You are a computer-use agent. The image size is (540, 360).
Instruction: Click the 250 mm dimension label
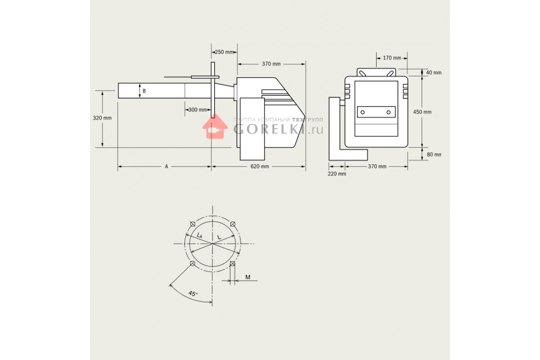click(x=224, y=52)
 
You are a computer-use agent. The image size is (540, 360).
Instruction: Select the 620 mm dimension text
click(x=260, y=166)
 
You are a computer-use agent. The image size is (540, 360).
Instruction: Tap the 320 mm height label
click(x=102, y=118)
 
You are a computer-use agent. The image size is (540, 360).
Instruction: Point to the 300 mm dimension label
click(x=198, y=110)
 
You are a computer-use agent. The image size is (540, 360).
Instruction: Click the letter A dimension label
click(x=166, y=166)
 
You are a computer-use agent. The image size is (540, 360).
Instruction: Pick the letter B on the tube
click(x=144, y=91)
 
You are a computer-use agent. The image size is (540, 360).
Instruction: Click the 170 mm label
click(x=392, y=58)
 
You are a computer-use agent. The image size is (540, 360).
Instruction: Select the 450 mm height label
click(x=423, y=112)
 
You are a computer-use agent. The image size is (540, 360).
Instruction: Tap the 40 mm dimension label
click(x=434, y=72)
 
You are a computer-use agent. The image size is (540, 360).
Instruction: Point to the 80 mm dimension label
click(x=434, y=154)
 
